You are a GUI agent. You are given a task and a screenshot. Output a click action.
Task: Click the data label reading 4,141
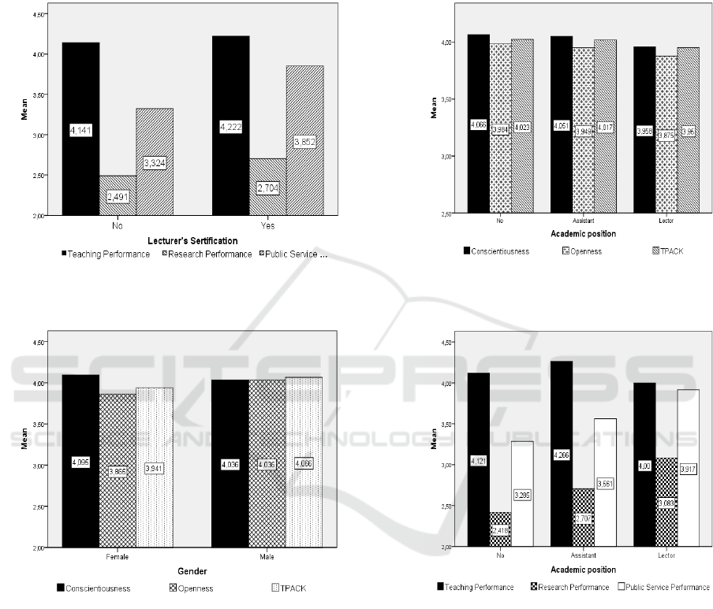(x=81, y=130)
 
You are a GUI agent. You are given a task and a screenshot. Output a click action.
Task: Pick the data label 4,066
(x=479, y=124)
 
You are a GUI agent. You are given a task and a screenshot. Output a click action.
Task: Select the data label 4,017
(x=605, y=128)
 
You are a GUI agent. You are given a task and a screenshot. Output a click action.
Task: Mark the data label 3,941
(x=155, y=468)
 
